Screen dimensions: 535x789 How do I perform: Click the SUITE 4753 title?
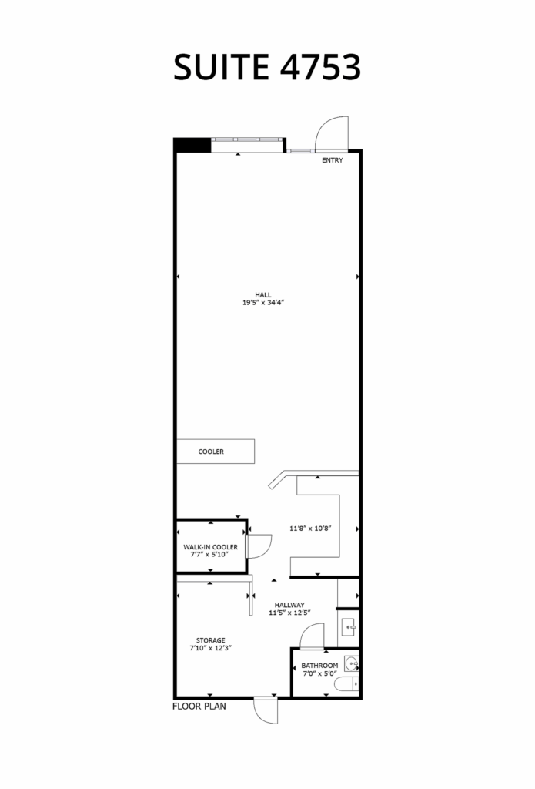[x=267, y=67]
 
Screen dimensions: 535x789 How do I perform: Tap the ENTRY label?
[x=333, y=160]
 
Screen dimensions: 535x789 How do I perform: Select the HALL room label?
[x=263, y=295]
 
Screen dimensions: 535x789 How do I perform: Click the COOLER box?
[x=216, y=452]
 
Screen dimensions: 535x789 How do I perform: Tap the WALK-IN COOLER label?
[x=211, y=547]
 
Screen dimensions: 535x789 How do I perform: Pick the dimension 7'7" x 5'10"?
[x=209, y=555]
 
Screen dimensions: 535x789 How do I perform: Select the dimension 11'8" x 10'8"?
[x=310, y=529]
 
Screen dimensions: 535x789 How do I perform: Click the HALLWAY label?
[x=289, y=605]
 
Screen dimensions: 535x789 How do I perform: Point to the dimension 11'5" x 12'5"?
[x=289, y=613]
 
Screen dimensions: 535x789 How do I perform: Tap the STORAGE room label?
[x=211, y=640]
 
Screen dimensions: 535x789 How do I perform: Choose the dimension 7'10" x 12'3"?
[x=210, y=648]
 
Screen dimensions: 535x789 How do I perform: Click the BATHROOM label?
[x=319, y=666]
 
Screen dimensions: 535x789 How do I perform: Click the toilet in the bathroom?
[x=347, y=684]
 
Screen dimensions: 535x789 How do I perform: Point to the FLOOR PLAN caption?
[x=199, y=707]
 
